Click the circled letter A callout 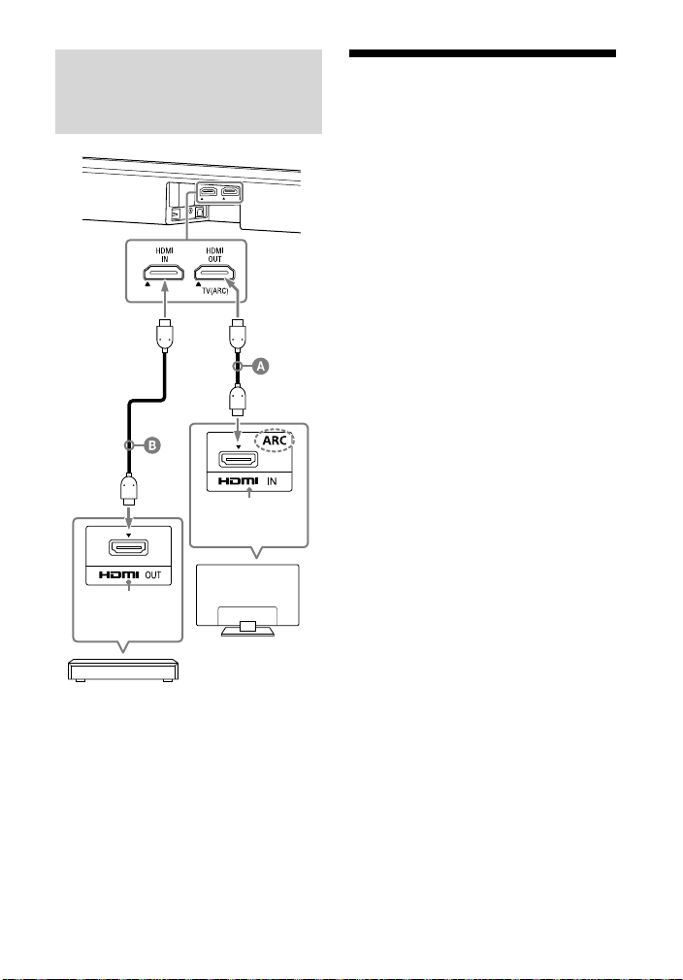261,366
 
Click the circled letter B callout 152,445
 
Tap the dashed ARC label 275,440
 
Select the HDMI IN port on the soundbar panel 164,273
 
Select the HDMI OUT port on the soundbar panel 214,273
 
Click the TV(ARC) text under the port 215,291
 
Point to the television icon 248,600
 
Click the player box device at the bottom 123,670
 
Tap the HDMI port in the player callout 128,547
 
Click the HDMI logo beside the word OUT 118,575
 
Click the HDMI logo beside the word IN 238,481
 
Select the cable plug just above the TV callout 238,401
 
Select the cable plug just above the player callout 128,491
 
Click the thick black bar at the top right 482,53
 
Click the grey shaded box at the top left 189,92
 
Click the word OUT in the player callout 153,575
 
